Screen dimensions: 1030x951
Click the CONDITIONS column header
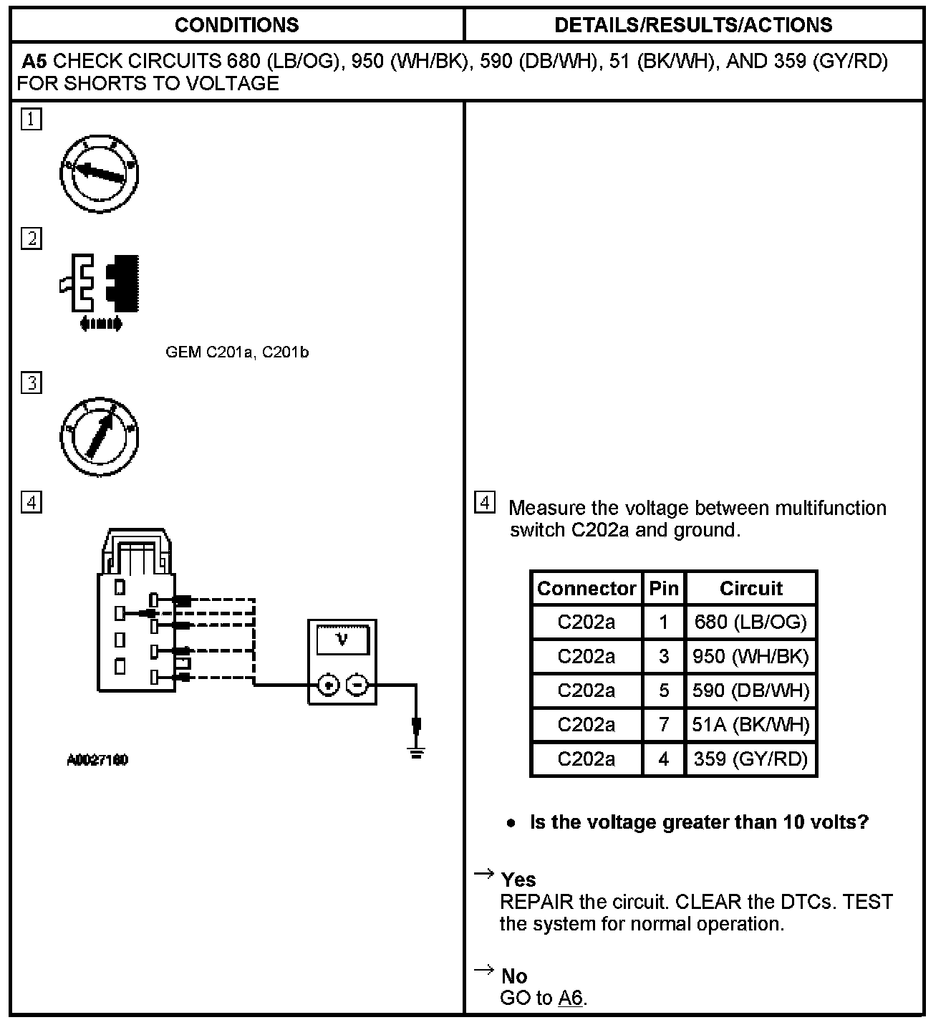(x=236, y=25)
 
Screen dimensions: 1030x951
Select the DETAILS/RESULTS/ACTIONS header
(x=693, y=25)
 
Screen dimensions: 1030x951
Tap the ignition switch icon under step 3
(x=99, y=435)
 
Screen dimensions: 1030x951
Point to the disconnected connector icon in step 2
(x=100, y=290)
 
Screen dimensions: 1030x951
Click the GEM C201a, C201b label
(x=237, y=352)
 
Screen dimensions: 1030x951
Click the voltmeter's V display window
(x=342, y=639)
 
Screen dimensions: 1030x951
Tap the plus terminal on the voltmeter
(x=328, y=685)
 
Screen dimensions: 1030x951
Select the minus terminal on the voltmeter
(x=357, y=685)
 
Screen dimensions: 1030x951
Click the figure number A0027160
(x=97, y=760)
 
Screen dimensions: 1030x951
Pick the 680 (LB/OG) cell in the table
(x=750, y=622)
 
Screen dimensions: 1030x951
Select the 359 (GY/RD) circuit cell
(x=750, y=759)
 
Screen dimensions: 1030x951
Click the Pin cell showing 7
(x=663, y=725)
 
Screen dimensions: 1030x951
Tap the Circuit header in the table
(x=750, y=588)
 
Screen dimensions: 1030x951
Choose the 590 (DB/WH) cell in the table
(x=750, y=690)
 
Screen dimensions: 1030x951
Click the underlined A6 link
(x=571, y=998)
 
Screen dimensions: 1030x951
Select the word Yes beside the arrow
(x=518, y=880)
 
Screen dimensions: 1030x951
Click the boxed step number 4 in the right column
(x=485, y=503)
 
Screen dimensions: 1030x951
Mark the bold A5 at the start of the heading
(x=34, y=62)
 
